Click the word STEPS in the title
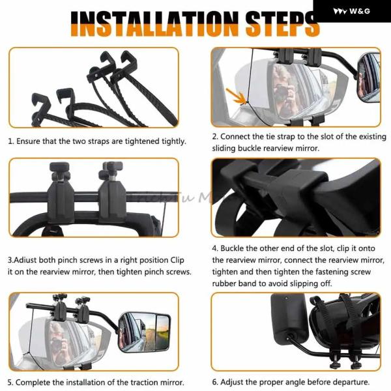pyautogui.click(x=282, y=23)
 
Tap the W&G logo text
pyautogui.click(x=360, y=11)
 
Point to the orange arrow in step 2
pyautogui.click(x=236, y=96)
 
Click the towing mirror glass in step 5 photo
pyautogui.click(x=145, y=332)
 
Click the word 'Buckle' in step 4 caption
pyautogui.click(x=232, y=248)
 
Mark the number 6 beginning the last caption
pyautogui.click(x=214, y=382)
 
